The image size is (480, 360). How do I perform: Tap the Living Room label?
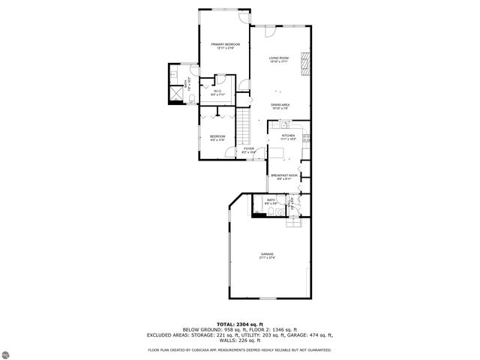tap(280, 60)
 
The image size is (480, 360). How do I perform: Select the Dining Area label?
tap(280, 106)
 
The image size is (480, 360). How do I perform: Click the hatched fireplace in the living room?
tap(304, 64)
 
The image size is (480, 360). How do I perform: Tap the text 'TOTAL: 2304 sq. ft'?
tap(240, 323)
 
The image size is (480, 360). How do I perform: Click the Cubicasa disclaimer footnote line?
tap(240, 349)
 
